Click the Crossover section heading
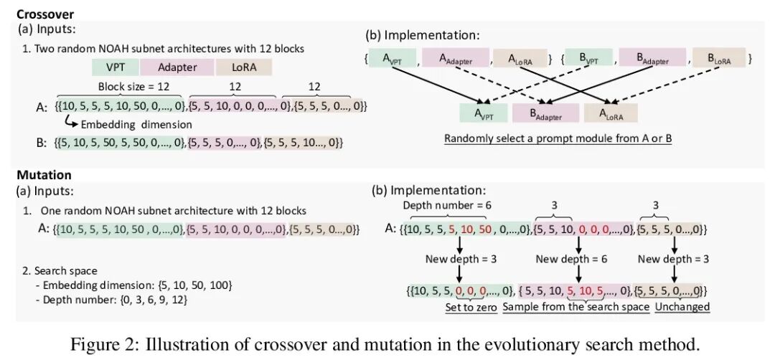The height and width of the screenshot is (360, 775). [x=44, y=14]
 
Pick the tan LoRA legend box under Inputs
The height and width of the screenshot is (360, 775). [x=243, y=68]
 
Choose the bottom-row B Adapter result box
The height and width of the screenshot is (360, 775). [x=547, y=113]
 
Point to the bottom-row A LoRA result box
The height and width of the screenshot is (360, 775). [x=610, y=113]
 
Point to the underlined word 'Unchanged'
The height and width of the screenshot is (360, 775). [x=680, y=307]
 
